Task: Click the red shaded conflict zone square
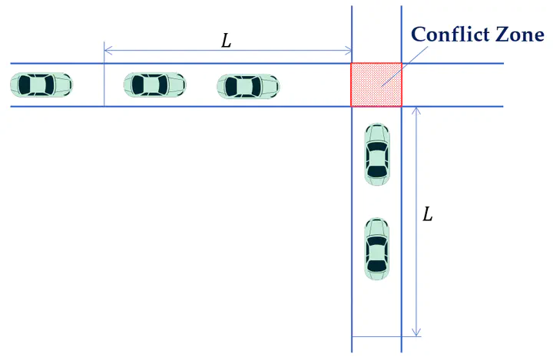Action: pos(376,84)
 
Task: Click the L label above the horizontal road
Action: pos(226,41)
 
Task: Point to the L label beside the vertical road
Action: pos(428,214)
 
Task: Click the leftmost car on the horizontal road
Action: pos(41,85)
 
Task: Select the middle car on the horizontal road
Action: pos(155,85)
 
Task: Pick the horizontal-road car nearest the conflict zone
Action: pos(248,87)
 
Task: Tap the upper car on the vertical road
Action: pos(377,154)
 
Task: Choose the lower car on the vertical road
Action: pos(377,249)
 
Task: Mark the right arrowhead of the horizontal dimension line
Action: pos(348,51)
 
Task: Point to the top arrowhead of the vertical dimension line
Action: pos(416,111)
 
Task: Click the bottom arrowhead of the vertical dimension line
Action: pos(416,332)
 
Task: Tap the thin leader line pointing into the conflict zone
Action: pos(405,66)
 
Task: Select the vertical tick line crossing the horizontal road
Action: pos(104,74)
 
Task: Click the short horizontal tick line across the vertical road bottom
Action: pos(386,336)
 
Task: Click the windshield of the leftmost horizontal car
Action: pos(49,85)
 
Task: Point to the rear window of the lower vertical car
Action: pos(377,266)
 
